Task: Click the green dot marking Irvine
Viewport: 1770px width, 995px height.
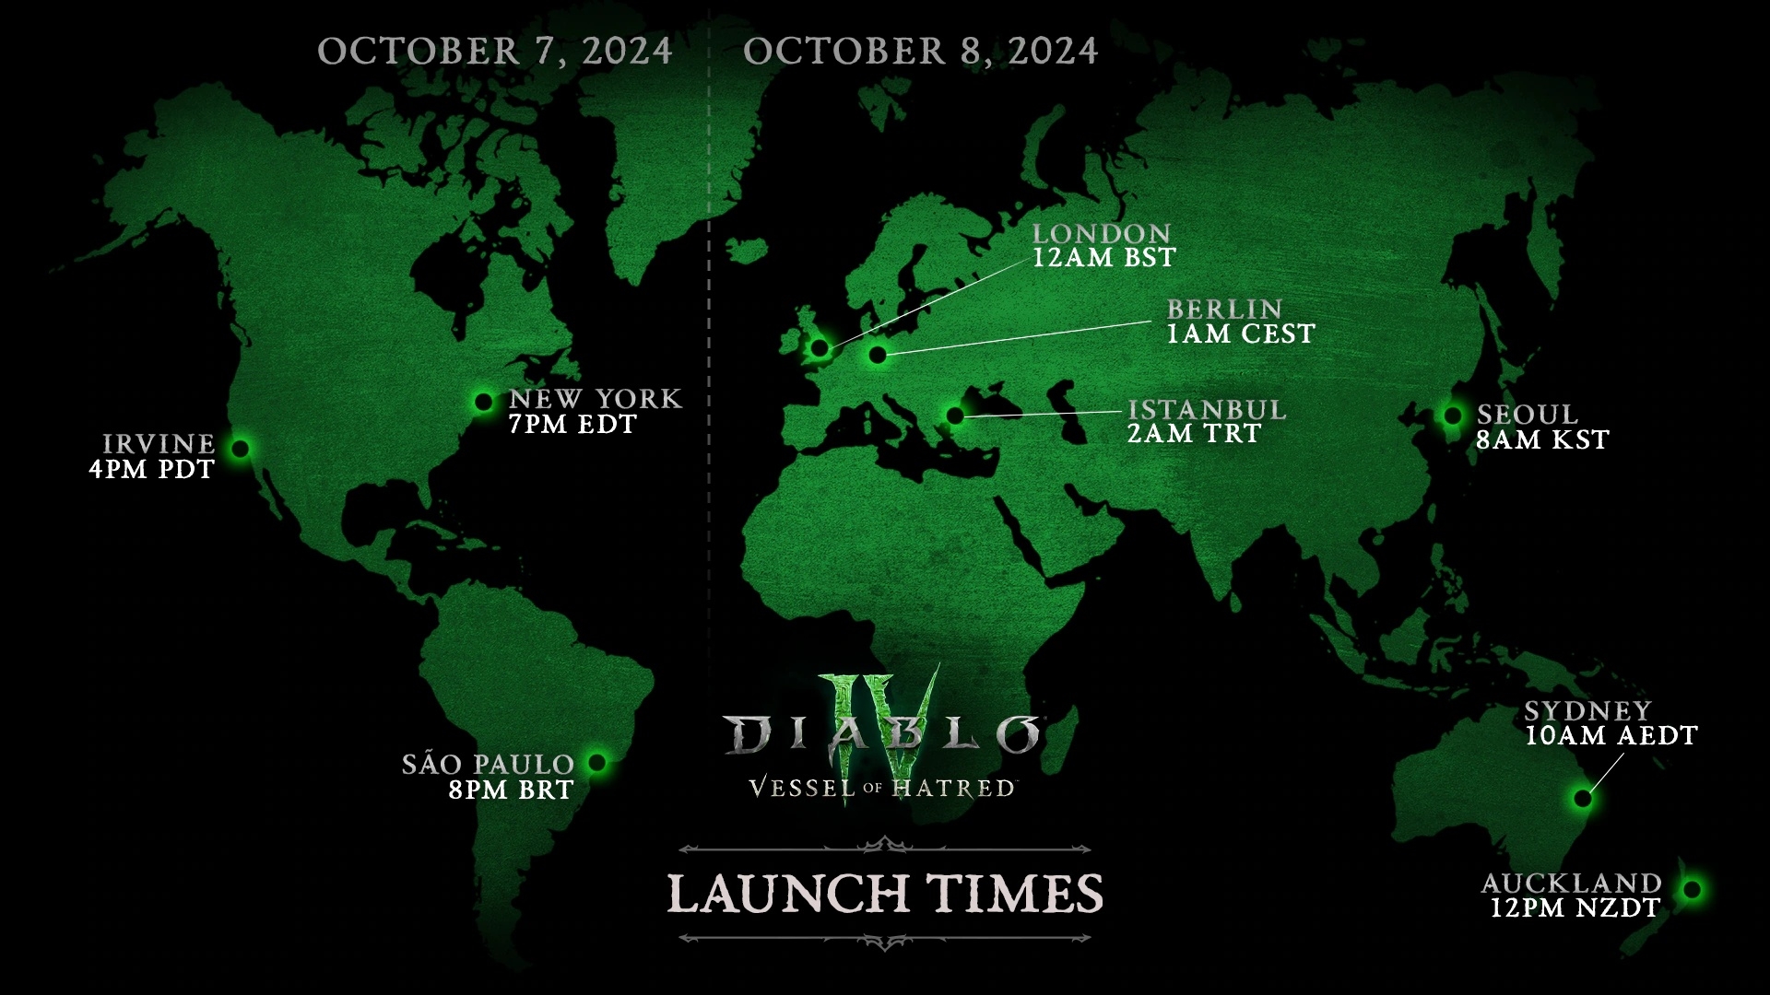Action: pyautogui.click(x=241, y=449)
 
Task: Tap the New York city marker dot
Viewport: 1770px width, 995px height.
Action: pyautogui.click(x=483, y=402)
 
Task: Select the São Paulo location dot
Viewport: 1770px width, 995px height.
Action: pyautogui.click(x=597, y=763)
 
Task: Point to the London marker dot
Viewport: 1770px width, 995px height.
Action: pyautogui.click(x=819, y=347)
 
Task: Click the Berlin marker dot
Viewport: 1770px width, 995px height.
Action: pyautogui.click(x=877, y=355)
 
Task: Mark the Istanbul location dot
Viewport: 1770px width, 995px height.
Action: pyautogui.click(x=955, y=416)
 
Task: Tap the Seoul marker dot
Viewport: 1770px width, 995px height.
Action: pyautogui.click(x=1453, y=416)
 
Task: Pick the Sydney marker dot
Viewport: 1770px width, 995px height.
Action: pyautogui.click(x=1583, y=798)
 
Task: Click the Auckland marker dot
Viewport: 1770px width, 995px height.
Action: pyautogui.click(x=1692, y=890)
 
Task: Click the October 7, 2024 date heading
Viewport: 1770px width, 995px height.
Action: pyautogui.click(x=495, y=51)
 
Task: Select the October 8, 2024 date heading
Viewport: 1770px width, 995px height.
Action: pyautogui.click(x=921, y=51)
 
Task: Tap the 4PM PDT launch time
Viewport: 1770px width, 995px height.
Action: pyautogui.click(x=152, y=469)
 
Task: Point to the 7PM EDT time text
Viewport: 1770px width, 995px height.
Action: pyautogui.click(x=572, y=425)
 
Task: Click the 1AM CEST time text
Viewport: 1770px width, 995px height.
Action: pyautogui.click(x=1240, y=334)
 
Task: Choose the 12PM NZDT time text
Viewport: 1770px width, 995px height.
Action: pyautogui.click(x=1575, y=908)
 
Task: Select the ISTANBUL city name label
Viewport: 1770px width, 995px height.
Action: pyautogui.click(x=1206, y=409)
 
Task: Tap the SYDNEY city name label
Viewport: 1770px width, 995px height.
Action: pyautogui.click(x=1587, y=710)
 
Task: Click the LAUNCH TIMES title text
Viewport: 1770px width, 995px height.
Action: pyautogui.click(x=885, y=893)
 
